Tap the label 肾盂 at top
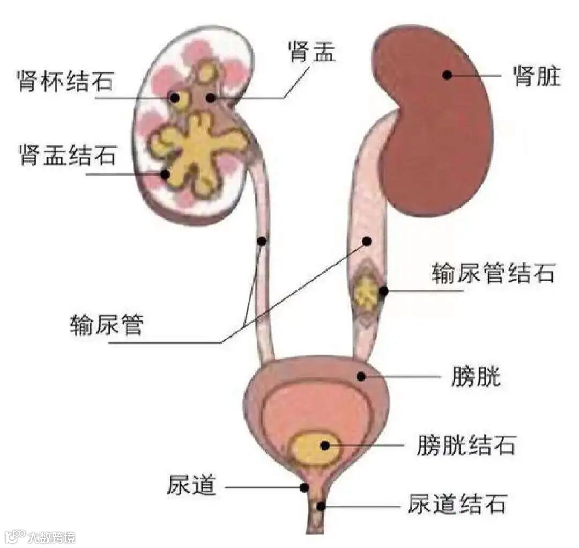click(311, 53)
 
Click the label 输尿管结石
click(493, 274)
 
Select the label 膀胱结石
click(466, 445)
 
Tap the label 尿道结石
click(456, 505)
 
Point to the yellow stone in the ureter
click(367, 290)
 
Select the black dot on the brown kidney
click(447, 75)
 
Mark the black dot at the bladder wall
click(361, 376)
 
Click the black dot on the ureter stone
click(383, 291)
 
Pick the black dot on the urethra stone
click(321, 506)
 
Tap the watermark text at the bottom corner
click(41, 536)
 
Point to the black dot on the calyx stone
click(174, 97)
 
